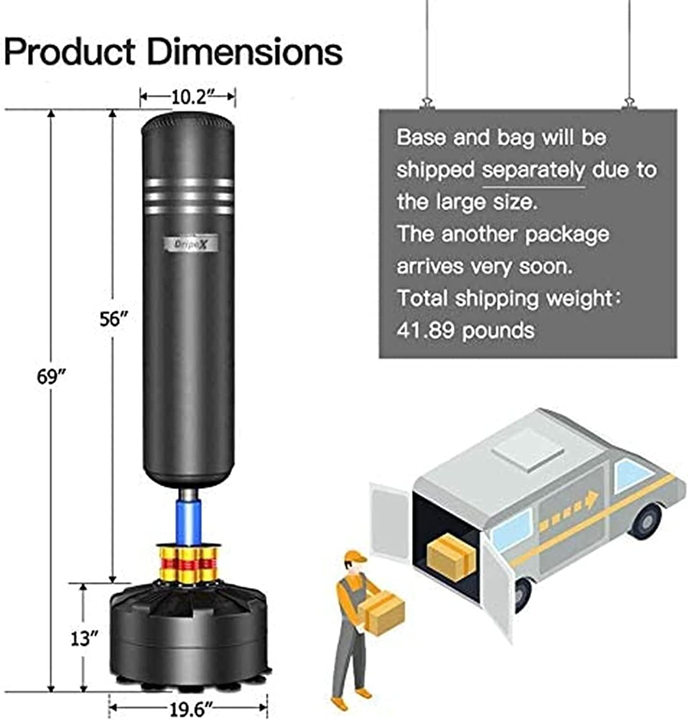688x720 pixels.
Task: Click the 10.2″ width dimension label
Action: [189, 97]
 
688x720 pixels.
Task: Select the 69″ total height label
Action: [51, 376]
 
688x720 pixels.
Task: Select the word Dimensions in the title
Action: [244, 52]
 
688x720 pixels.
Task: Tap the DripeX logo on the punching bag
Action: [189, 244]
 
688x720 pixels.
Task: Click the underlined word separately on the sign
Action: [534, 170]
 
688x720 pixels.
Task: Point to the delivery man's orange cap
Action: [355, 557]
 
